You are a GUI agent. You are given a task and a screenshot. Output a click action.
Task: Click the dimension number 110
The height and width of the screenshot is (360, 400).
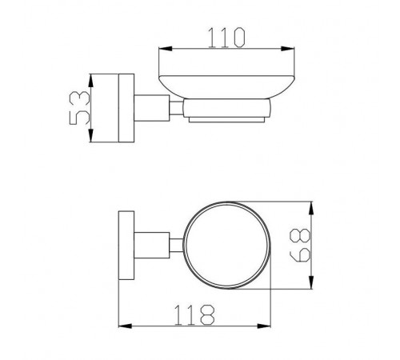coord(226,38)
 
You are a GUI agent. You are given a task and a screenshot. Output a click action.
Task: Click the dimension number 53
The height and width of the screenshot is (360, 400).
coord(79,108)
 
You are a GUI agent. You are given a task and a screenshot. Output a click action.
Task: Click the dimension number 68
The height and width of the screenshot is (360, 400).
coord(300,245)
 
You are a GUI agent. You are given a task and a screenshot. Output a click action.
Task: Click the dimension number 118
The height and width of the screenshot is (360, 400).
coord(194,314)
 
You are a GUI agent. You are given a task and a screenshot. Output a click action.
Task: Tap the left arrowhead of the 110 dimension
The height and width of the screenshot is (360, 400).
coord(165,49)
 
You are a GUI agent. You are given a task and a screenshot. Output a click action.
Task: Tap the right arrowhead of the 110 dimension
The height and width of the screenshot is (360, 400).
coord(288,49)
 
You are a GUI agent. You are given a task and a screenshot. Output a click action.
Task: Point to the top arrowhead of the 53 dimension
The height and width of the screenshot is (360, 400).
coord(91,80)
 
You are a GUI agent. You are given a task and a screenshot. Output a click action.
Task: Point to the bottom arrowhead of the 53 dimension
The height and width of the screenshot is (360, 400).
coord(91,135)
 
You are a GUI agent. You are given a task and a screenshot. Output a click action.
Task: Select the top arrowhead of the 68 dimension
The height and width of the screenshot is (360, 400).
coord(311,208)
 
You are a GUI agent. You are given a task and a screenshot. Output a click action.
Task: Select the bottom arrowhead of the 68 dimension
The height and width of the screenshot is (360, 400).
coord(311,282)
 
